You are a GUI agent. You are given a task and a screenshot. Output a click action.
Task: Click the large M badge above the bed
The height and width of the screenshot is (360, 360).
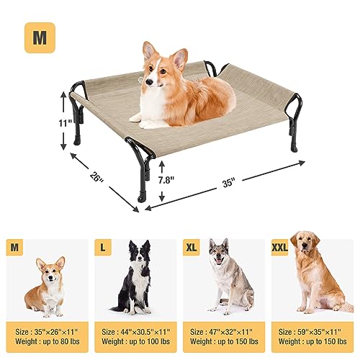(40, 37)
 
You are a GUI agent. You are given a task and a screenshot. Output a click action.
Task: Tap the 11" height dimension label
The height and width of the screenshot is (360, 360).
(66, 123)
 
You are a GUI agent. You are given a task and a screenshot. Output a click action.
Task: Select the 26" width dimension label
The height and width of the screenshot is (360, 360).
(96, 178)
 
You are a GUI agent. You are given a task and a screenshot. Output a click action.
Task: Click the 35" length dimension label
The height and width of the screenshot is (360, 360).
(229, 184)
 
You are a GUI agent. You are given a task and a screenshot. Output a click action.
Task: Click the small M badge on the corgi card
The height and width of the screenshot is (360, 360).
(14, 248)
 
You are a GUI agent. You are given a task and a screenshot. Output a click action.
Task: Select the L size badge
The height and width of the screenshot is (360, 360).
(103, 248)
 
